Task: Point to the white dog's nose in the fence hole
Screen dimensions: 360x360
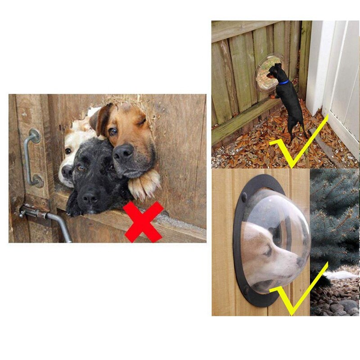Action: coord(67,171)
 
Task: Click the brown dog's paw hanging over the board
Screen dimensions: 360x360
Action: coord(145,184)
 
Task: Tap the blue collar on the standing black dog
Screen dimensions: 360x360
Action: coord(283,82)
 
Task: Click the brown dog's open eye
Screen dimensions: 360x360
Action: coord(113,131)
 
